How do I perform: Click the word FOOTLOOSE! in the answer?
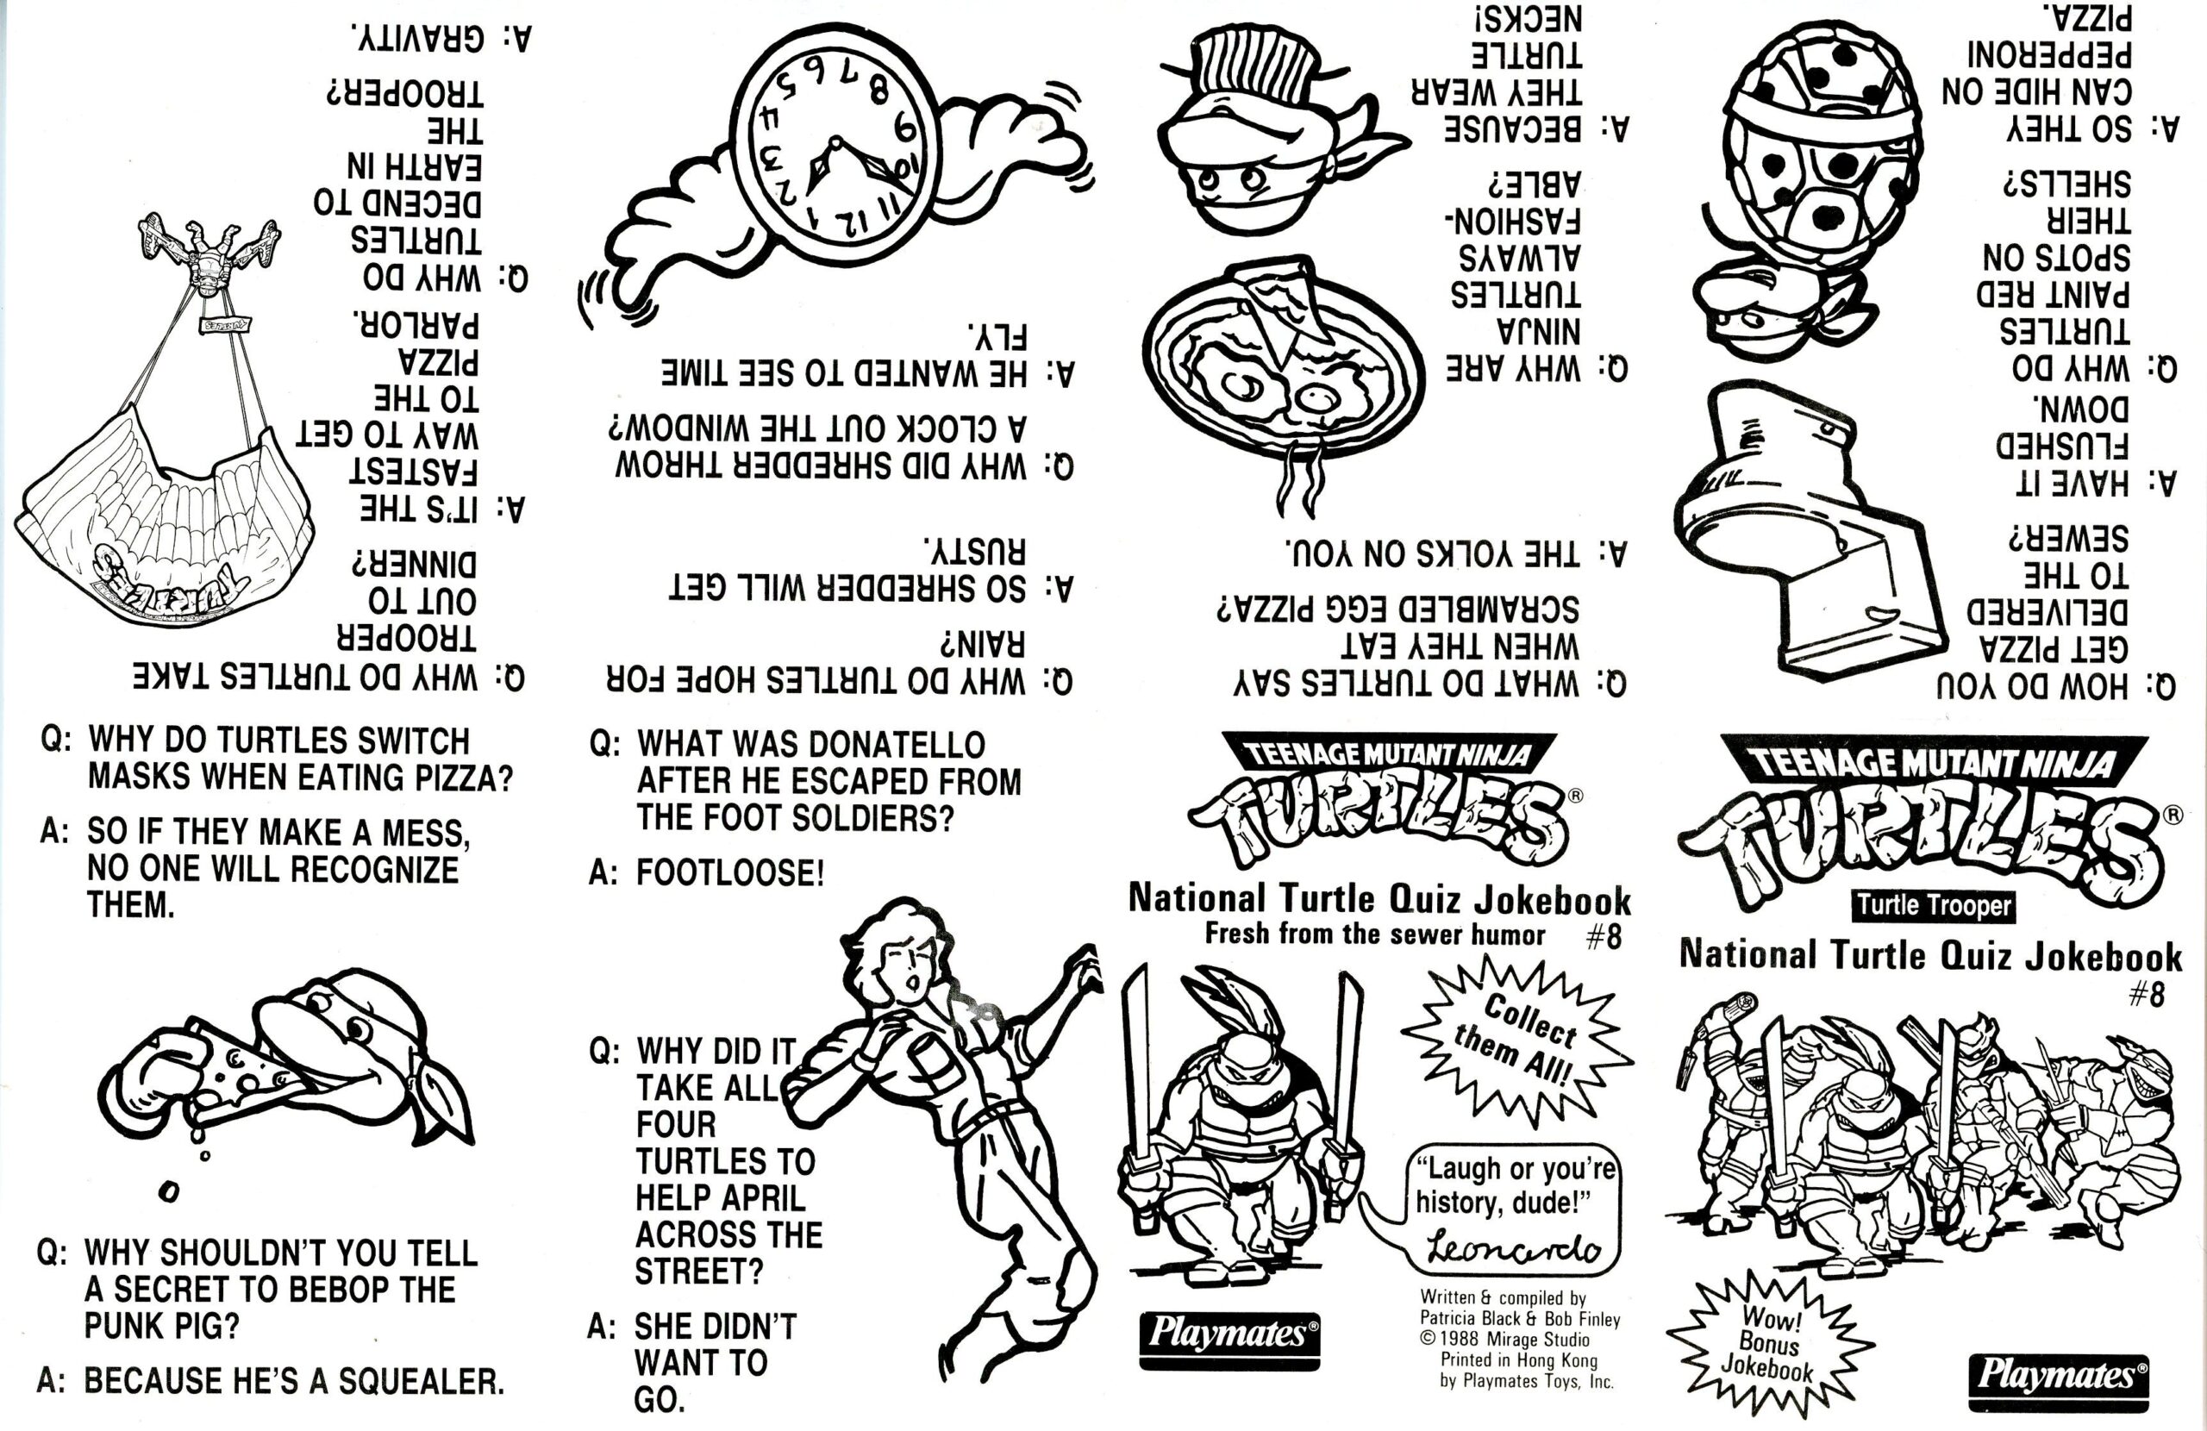730,872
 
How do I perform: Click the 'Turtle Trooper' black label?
1934,905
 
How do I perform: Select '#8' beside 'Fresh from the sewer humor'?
1604,937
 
